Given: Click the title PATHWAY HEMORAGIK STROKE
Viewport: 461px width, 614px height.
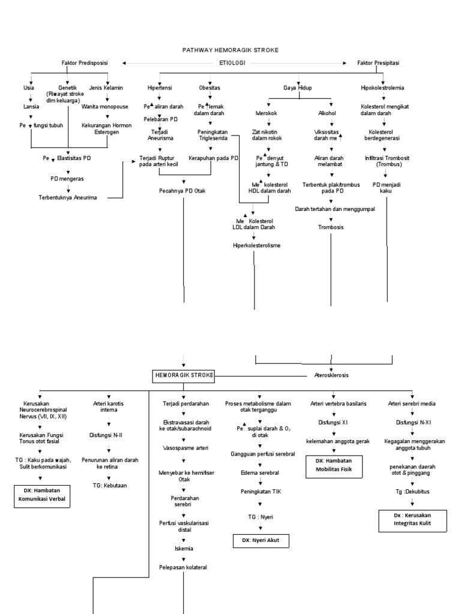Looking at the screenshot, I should tap(230, 50).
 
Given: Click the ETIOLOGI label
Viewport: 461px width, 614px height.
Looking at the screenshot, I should tap(230, 62).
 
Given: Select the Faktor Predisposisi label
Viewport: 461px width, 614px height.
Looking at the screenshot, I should tap(83, 62).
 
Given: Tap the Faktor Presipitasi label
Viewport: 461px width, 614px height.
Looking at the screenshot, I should tap(378, 62).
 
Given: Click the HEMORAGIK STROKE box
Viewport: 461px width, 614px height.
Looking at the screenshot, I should tap(182, 375).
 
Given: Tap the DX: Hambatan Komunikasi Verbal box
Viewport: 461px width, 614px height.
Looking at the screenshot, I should tap(41, 495).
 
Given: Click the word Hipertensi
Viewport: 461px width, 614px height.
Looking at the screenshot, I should tap(160, 88).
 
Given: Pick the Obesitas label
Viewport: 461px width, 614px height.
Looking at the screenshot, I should tap(209, 88).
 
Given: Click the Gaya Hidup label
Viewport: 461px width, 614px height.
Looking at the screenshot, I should tap(298, 88).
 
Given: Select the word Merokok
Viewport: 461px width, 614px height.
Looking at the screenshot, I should tap(261, 113).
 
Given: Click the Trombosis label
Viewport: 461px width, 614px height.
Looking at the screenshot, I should tap(331, 227).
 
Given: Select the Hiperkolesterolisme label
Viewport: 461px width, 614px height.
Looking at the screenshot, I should tap(257, 246).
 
